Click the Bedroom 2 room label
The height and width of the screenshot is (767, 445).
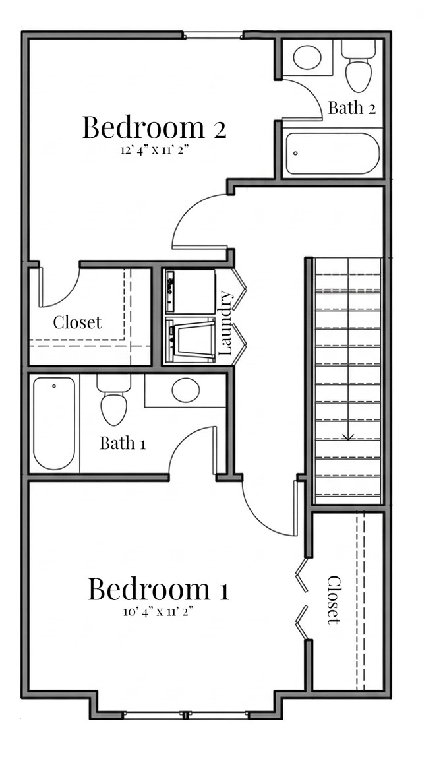point(154,127)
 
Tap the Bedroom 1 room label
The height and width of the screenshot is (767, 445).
point(159,589)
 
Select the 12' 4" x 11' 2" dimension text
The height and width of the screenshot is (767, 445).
point(154,150)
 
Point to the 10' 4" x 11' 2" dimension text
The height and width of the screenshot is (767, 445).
point(159,611)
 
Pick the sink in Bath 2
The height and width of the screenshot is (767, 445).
point(307,57)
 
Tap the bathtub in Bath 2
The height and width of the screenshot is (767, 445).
point(332,154)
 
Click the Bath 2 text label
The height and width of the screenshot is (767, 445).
point(352,108)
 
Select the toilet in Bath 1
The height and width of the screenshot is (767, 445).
point(113,403)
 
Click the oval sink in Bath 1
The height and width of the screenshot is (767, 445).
point(185,390)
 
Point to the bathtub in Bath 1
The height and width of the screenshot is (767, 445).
point(54,423)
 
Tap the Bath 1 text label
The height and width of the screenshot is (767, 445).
point(123,443)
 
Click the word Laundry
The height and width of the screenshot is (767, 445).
point(225,323)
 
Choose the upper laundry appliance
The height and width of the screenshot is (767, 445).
point(190,291)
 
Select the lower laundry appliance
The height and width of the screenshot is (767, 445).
point(190,339)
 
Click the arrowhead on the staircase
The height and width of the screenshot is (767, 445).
point(348,436)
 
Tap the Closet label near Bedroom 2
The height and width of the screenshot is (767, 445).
point(77,322)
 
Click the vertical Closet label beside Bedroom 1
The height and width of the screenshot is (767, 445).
point(334,599)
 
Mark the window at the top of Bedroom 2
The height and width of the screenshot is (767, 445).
point(213,35)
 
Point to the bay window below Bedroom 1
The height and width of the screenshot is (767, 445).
point(186,714)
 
